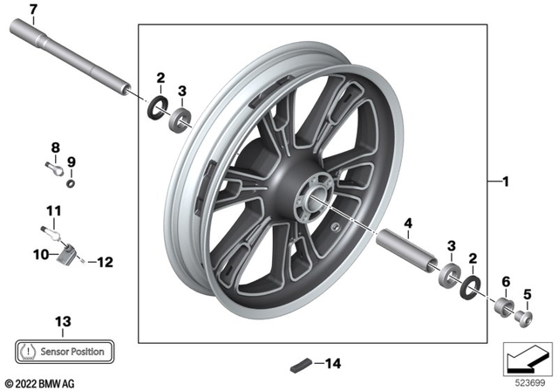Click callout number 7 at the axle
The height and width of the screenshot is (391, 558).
(33, 10)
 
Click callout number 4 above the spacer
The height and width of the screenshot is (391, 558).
(407, 224)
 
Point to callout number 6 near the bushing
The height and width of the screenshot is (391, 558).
(504, 281)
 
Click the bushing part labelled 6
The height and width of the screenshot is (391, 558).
(503, 308)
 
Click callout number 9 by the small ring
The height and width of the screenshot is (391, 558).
(72, 161)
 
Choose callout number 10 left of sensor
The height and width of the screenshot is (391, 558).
(38, 255)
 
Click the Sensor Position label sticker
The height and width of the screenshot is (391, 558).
(63, 351)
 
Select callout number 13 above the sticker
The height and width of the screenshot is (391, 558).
(61, 321)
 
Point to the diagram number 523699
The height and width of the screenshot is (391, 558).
(525, 381)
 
